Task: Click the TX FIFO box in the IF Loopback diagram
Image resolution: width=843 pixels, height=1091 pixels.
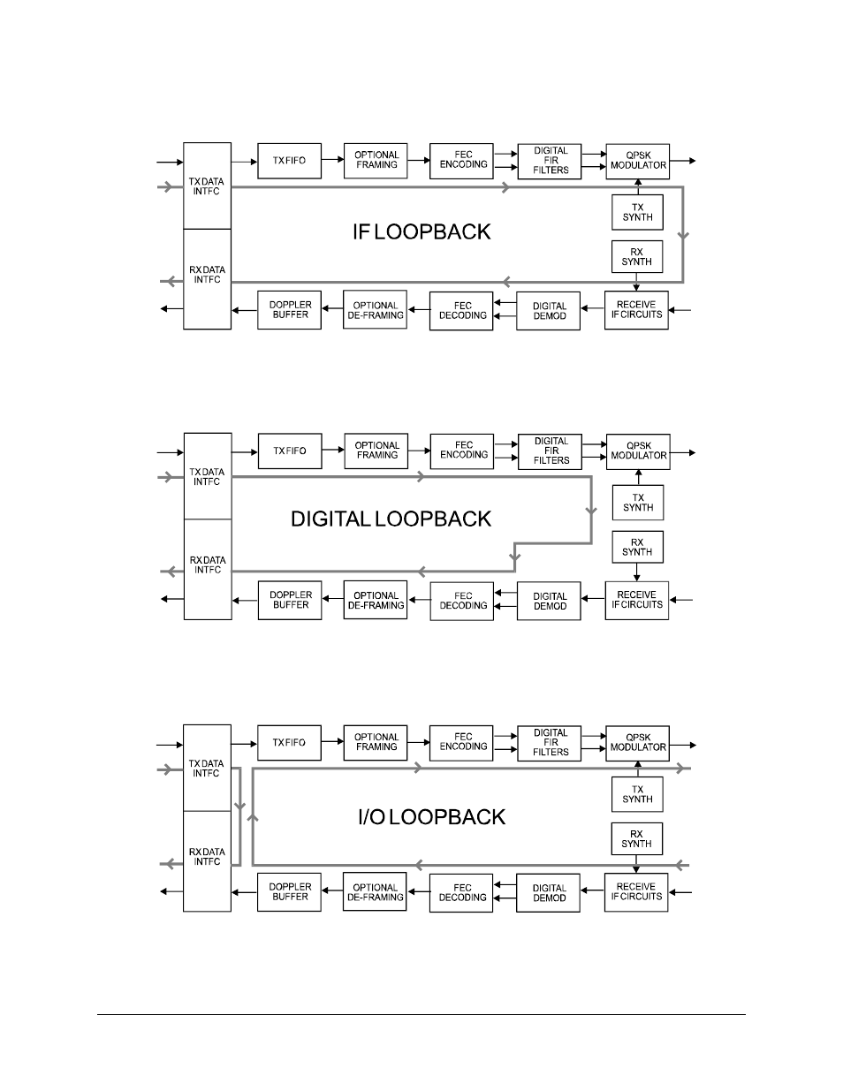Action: [x=289, y=161]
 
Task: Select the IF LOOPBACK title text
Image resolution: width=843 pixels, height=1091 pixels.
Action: [x=421, y=232]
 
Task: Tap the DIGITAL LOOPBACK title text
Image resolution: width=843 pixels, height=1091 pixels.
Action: [x=391, y=519]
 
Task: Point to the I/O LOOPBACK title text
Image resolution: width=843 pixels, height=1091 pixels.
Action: [x=431, y=817]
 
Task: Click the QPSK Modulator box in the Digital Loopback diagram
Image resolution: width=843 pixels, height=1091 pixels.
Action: [x=638, y=451]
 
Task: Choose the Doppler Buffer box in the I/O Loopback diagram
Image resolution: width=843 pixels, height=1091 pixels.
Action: [x=290, y=892]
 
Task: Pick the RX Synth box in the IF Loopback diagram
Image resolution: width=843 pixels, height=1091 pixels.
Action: [x=637, y=257]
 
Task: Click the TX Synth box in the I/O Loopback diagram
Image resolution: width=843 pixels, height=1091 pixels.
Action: [x=637, y=795]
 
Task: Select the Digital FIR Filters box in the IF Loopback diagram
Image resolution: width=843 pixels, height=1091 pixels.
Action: [x=551, y=161]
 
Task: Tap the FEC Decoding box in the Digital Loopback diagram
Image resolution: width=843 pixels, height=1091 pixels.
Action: [x=462, y=601]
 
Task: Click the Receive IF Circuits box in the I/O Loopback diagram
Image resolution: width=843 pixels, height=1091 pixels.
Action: [x=636, y=892]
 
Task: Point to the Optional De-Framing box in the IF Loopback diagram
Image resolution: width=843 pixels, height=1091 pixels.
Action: [x=376, y=310]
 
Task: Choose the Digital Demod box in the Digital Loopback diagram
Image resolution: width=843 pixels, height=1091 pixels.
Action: [x=550, y=601]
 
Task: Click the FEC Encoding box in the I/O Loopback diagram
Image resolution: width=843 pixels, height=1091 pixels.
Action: [x=462, y=742]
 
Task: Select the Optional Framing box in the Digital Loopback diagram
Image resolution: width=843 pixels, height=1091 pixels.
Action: [x=376, y=451]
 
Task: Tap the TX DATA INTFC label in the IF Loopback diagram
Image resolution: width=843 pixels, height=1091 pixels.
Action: [x=207, y=186]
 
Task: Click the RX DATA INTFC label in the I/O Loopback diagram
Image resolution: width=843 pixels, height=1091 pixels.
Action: [x=207, y=857]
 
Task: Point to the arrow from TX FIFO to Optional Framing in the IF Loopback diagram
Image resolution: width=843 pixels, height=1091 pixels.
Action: [x=332, y=160]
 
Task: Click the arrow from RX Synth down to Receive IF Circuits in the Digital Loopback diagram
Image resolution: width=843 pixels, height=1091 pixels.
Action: [x=637, y=572]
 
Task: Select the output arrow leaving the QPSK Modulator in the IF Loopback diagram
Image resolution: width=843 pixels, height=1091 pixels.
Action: [x=683, y=161]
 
